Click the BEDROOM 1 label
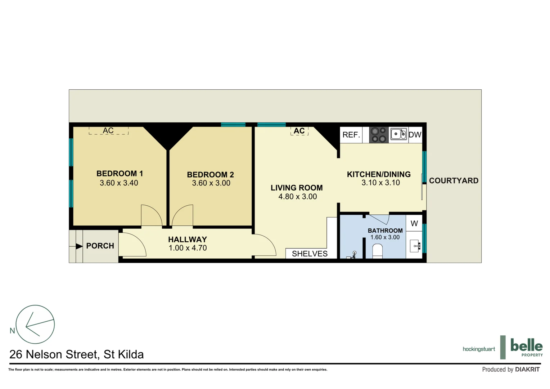click(x=120, y=174)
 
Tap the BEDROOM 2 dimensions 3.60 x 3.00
click(x=211, y=183)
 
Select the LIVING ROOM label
click(x=297, y=188)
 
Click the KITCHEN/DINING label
click(x=379, y=174)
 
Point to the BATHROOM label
click(x=385, y=231)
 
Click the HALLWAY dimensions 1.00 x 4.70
click(x=188, y=248)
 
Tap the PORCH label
click(x=100, y=246)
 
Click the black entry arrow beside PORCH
click(x=79, y=246)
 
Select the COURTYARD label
click(x=454, y=181)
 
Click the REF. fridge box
click(x=351, y=135)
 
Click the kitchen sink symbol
click(x=398, y=134)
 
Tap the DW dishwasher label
click(x=415, y=135)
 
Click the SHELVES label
click(x=310, y=254)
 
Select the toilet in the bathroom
click(x=377, y=251)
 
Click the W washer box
click(x=414, y=223)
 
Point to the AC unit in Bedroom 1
click(x=108, y=130)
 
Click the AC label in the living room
click(x=299, y=131)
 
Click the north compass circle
click(x=35, y=324)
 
